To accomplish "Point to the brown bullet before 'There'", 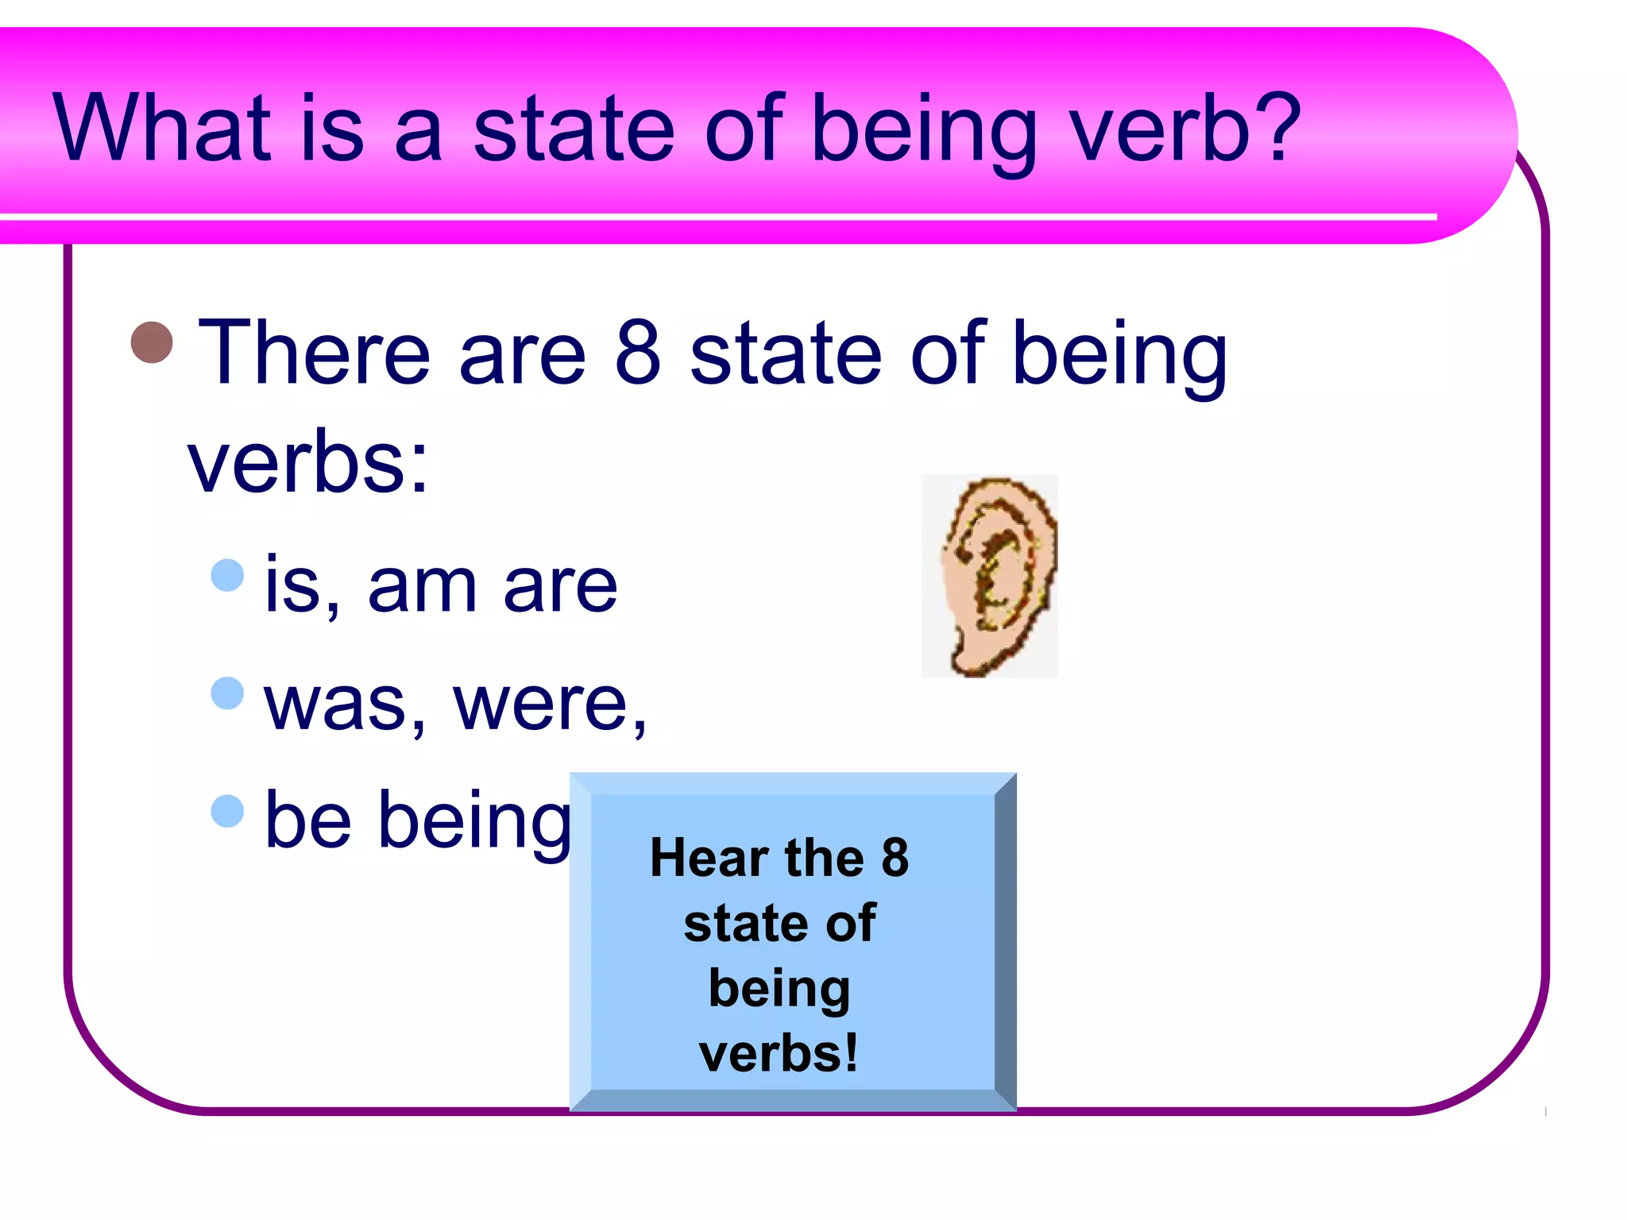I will [152, 342].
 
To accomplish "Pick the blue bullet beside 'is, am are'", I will [227, 575].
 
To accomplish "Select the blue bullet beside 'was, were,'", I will [227, 693].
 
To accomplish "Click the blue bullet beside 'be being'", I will [227, 811].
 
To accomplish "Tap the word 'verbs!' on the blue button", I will [779, 1053].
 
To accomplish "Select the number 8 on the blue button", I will [895, 858].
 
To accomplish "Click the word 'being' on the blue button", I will [779, 990].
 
